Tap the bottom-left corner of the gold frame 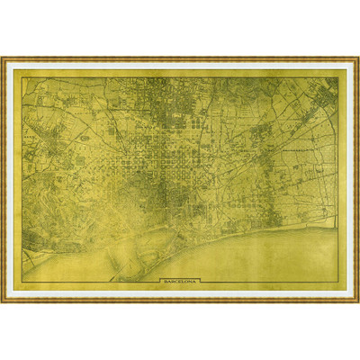click(3, 300)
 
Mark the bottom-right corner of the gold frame click(357, 300)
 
